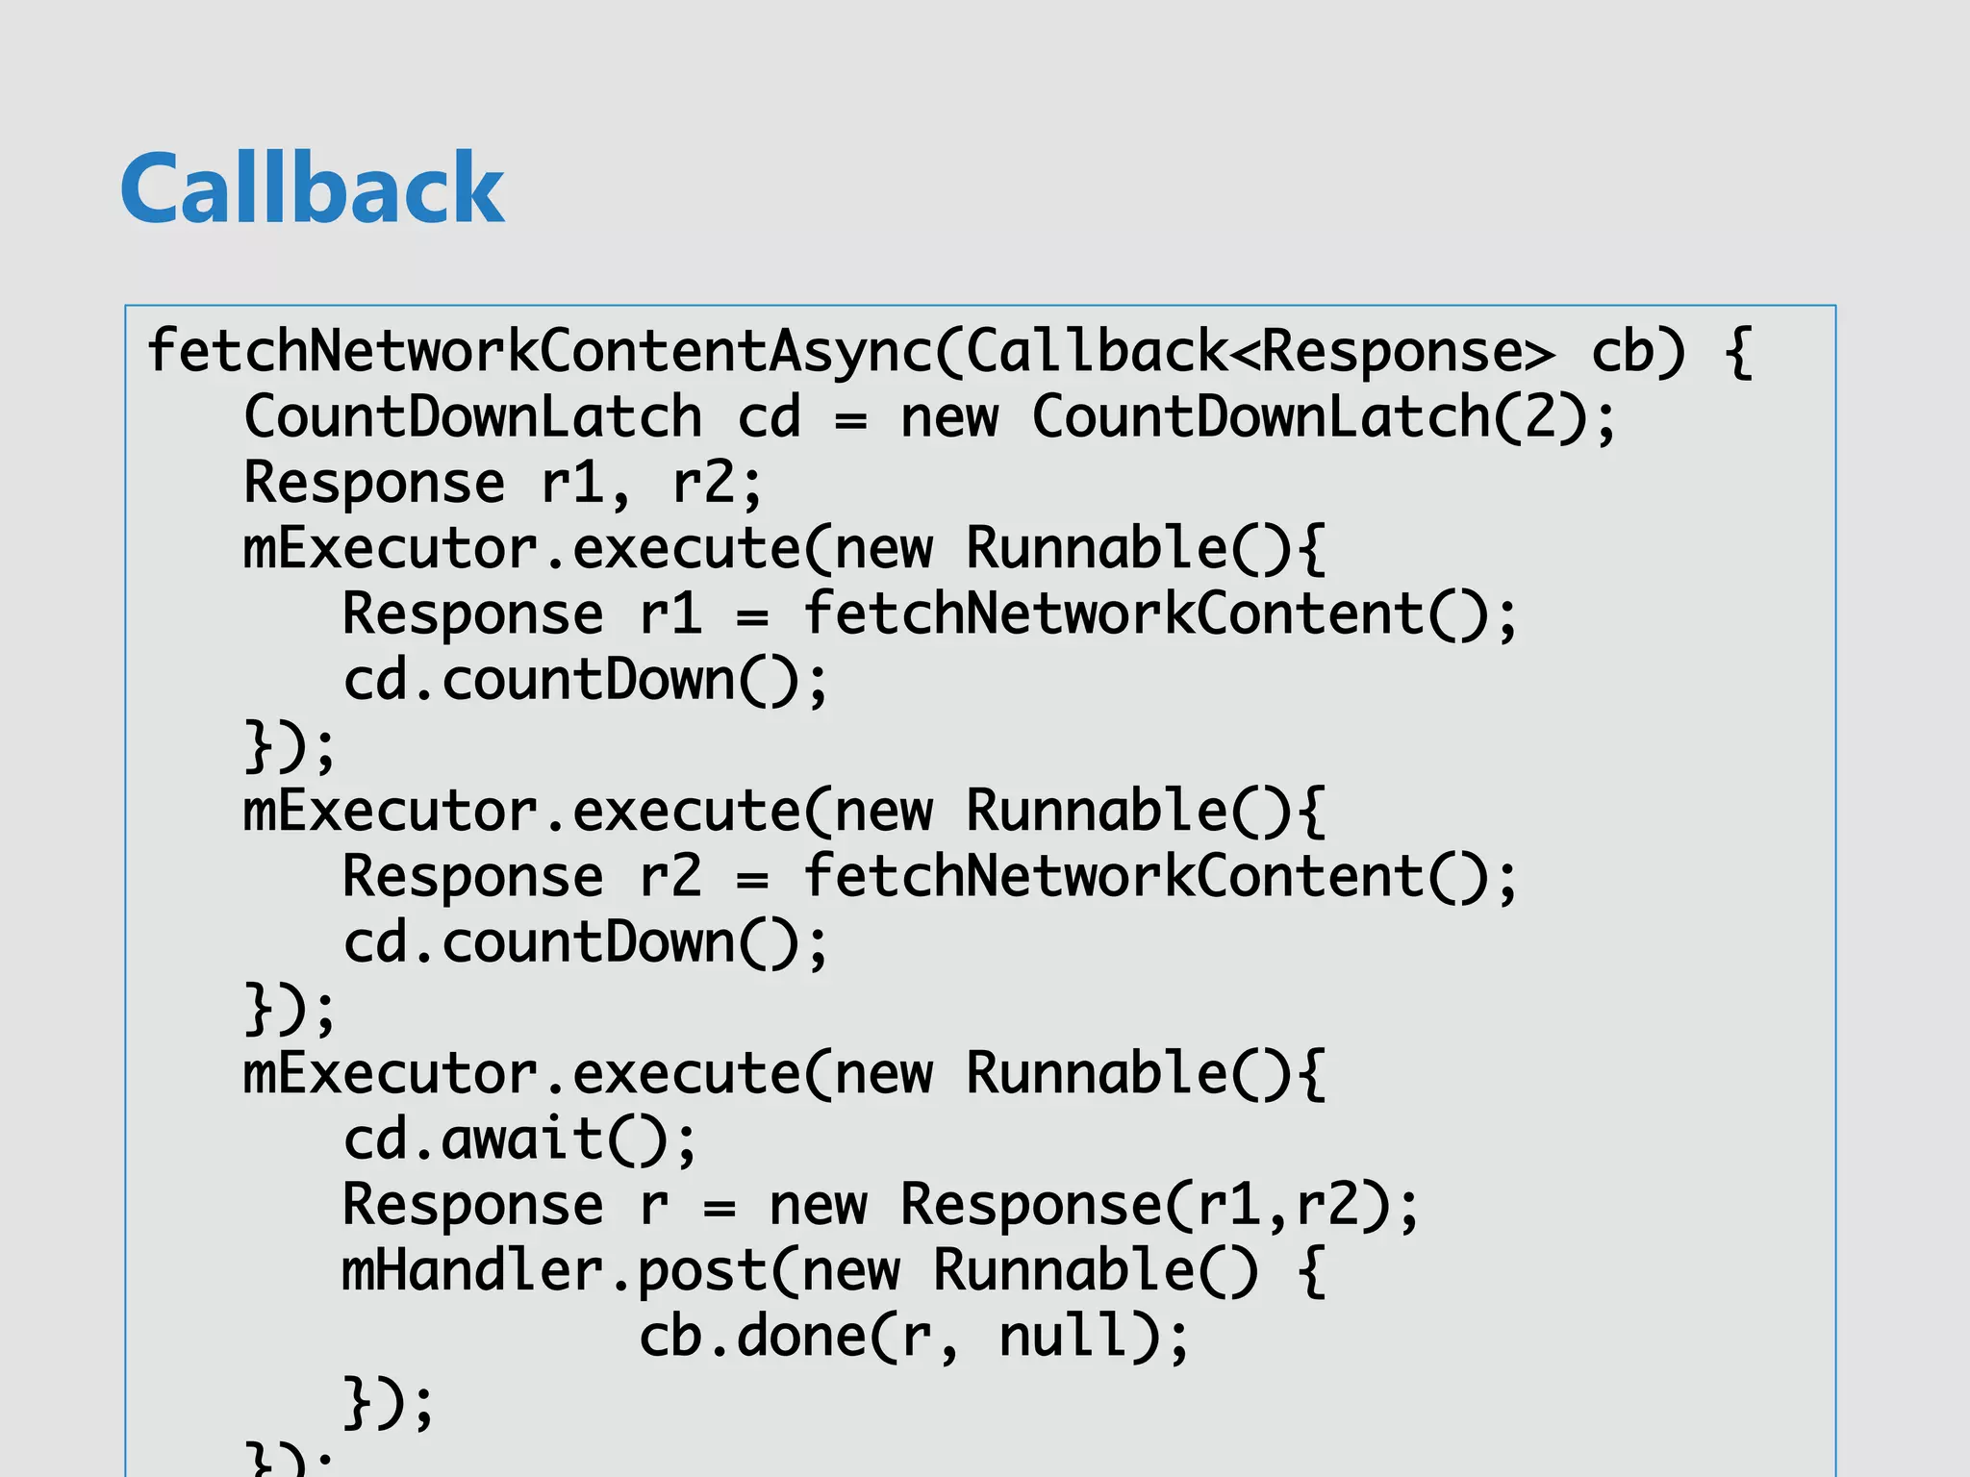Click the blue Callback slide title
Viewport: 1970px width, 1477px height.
pyautogui.click(x=313, y=188)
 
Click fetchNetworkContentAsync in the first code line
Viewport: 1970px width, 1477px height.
pyautogui.click(x=539, y=351)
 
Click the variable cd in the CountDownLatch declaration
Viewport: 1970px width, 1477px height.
pyautogui.click(x=769, y=417)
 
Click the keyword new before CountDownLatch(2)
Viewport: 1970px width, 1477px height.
pyautogui.click(x=949, y=417)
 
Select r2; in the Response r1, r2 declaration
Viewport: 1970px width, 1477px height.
pyautogui.click(x=718, y=483)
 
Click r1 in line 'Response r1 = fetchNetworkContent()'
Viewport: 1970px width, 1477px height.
pyautogui.click(x=670, y=614)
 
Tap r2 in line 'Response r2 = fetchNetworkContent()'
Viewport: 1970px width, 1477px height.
pyautogui.click(x=670, y=877)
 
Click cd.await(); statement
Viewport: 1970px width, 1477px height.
pyautogui.click(x=519, y=1139)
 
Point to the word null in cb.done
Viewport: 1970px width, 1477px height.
pyautogui.click(x=1063, y=1337)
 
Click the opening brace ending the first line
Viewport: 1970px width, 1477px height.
pyautogui.click(x=1737, y=351)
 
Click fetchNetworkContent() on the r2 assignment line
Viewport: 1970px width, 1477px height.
pyautogui.click(x=1145, y=877)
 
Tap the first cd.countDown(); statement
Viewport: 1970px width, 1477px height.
pyautogui.click(x=585, y=681)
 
